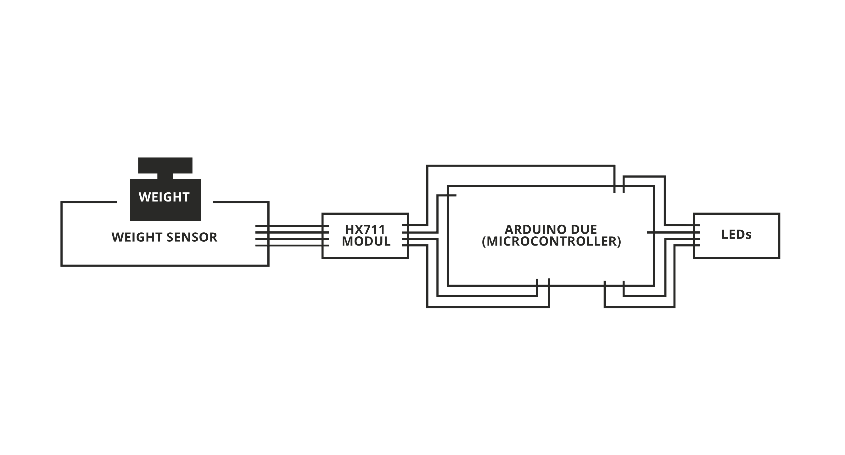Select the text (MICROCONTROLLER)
(x=551, y=241)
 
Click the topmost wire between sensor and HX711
(x=292, y=226)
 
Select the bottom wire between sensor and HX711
(x=292, y=245)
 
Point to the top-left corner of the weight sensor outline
(x=61, y=202)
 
